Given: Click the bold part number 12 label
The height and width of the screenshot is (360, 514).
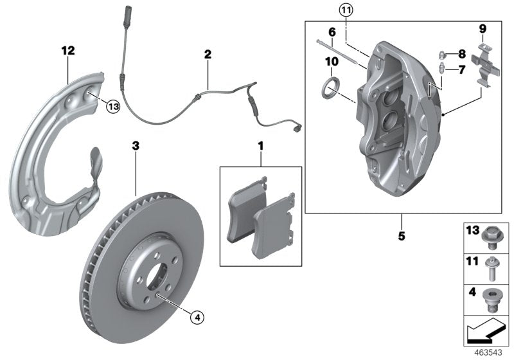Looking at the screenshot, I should [68, 50].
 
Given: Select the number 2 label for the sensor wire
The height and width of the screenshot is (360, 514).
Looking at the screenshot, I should [208, 55].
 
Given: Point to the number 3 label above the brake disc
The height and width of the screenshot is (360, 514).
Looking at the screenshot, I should [136, 147].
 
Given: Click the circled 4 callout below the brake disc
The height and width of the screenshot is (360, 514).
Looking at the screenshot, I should [197, 316].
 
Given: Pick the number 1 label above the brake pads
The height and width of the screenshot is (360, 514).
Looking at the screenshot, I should [261, 147].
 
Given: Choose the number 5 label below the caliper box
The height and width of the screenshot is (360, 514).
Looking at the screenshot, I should [402, 236].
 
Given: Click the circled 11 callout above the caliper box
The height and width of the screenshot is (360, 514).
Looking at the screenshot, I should [346, 10].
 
